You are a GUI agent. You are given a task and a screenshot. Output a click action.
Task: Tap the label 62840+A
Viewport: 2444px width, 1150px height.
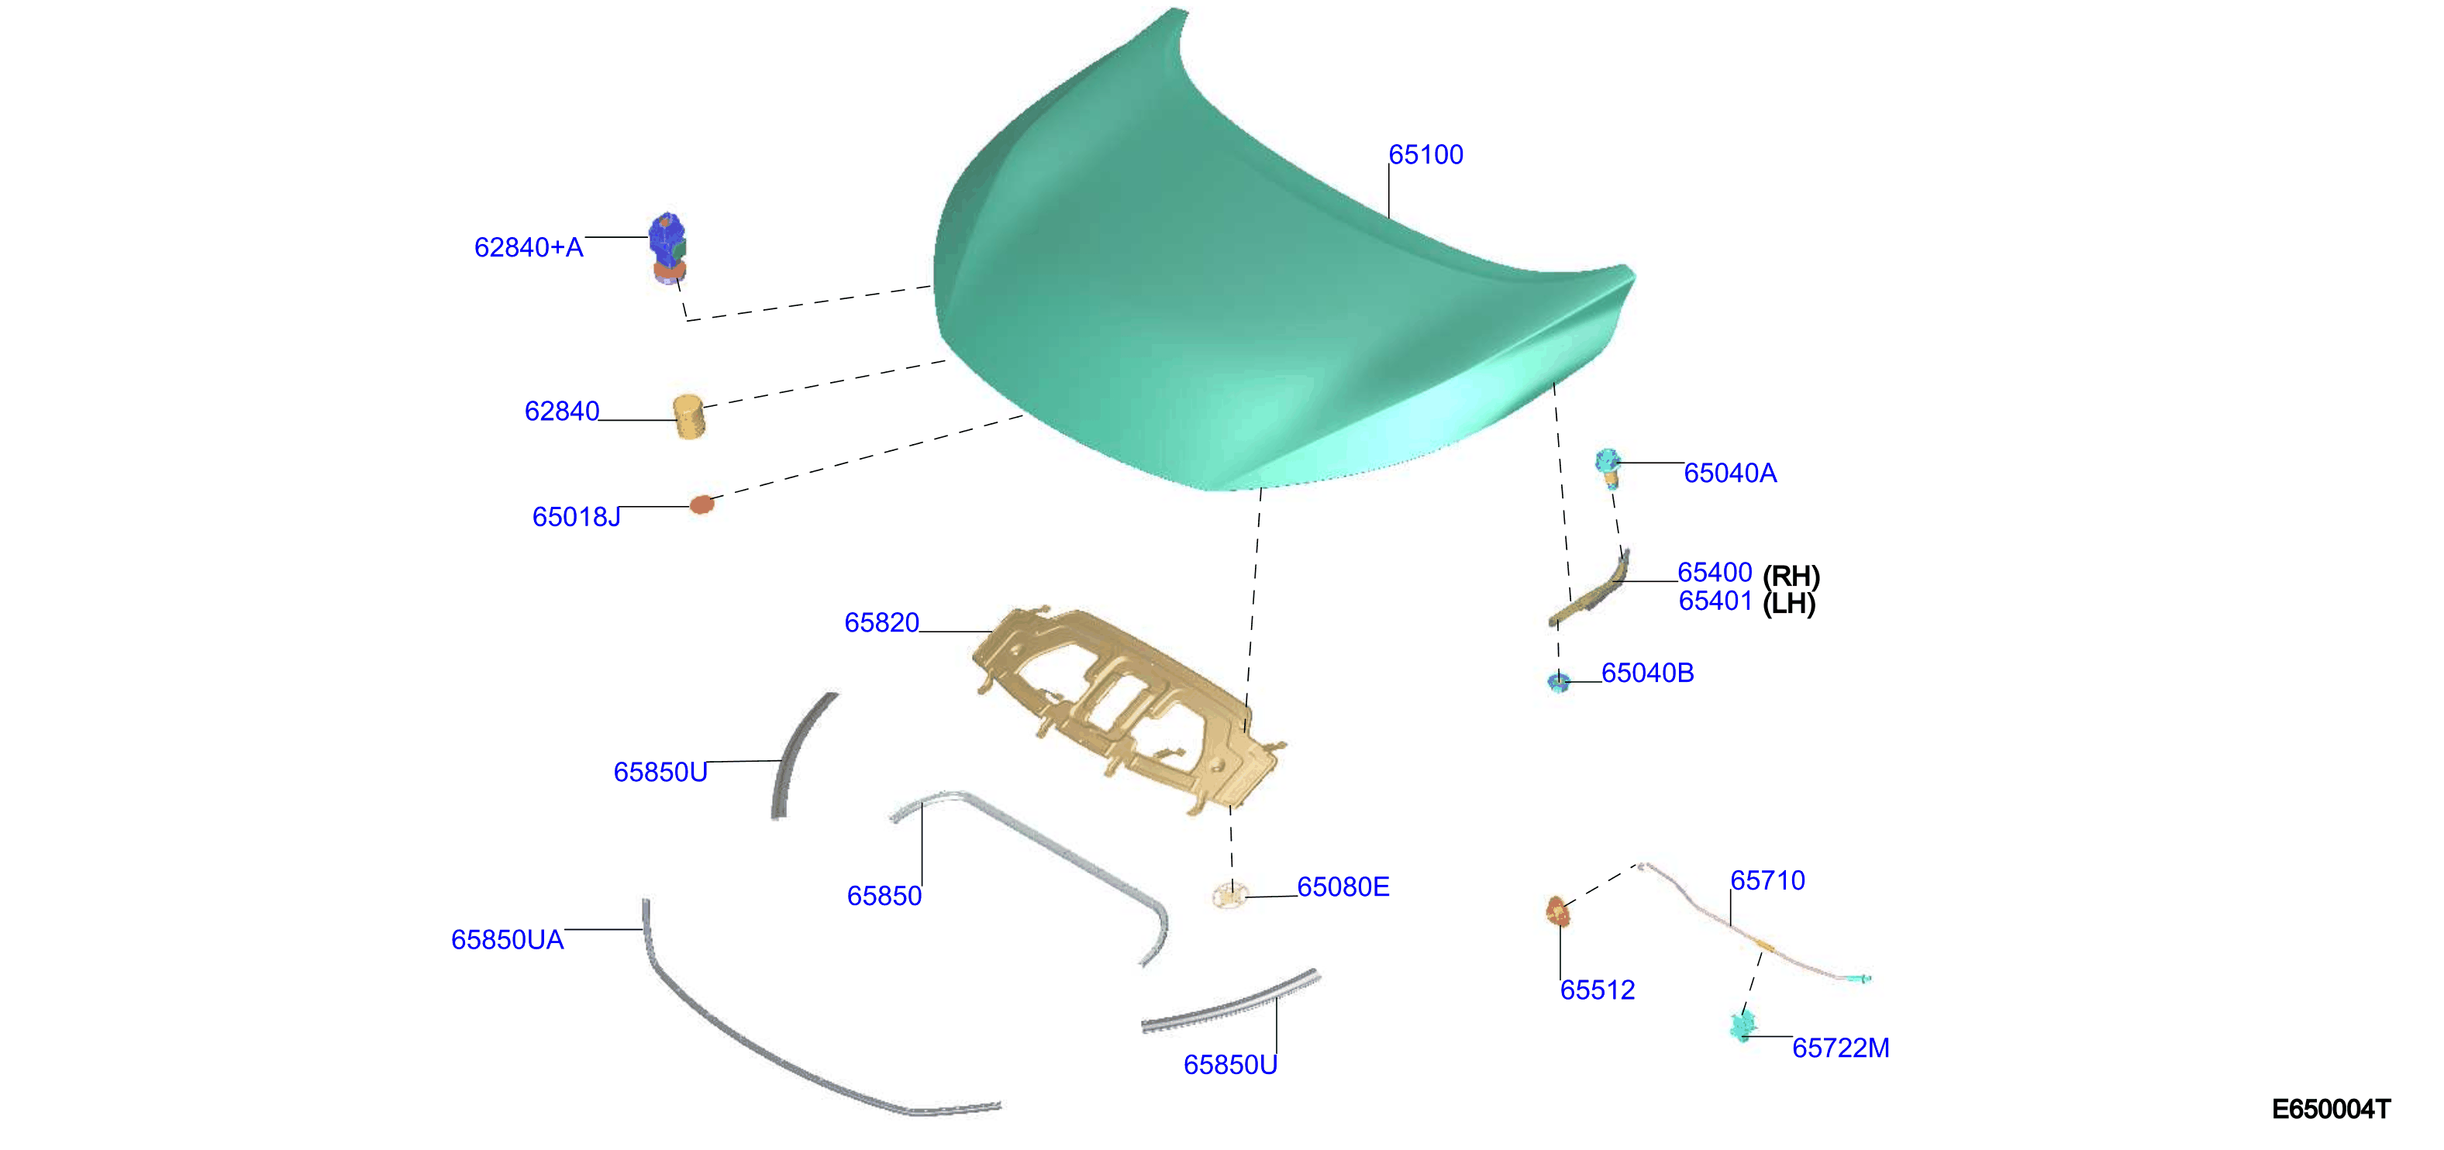click(529, 248)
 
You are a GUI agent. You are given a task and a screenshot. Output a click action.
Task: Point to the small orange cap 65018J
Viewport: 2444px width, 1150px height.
click(701, 504)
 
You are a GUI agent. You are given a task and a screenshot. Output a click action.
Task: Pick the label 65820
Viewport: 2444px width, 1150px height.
click(881, 622)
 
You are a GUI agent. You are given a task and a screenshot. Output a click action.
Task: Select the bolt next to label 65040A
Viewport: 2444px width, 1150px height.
click(1607, 468)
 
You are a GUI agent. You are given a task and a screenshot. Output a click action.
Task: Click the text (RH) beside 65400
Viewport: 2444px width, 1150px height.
click(1791, 575)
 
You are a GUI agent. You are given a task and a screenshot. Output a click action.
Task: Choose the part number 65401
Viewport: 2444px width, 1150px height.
click(1715, 601)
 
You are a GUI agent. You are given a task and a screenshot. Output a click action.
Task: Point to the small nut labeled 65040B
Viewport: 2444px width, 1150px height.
click(1558, 681)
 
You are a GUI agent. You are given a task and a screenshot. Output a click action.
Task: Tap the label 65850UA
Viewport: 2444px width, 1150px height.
click(507, 939)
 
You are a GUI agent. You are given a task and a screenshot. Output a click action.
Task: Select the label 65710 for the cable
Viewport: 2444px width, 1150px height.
click(1767, 880)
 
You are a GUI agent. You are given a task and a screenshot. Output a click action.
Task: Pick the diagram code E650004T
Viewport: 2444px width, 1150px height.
click(2330, 1109)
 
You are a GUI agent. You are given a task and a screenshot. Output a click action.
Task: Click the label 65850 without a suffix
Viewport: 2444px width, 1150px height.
click(884, 896)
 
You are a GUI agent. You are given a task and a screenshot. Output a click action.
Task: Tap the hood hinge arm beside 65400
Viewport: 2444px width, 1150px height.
click(1589, 589)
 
